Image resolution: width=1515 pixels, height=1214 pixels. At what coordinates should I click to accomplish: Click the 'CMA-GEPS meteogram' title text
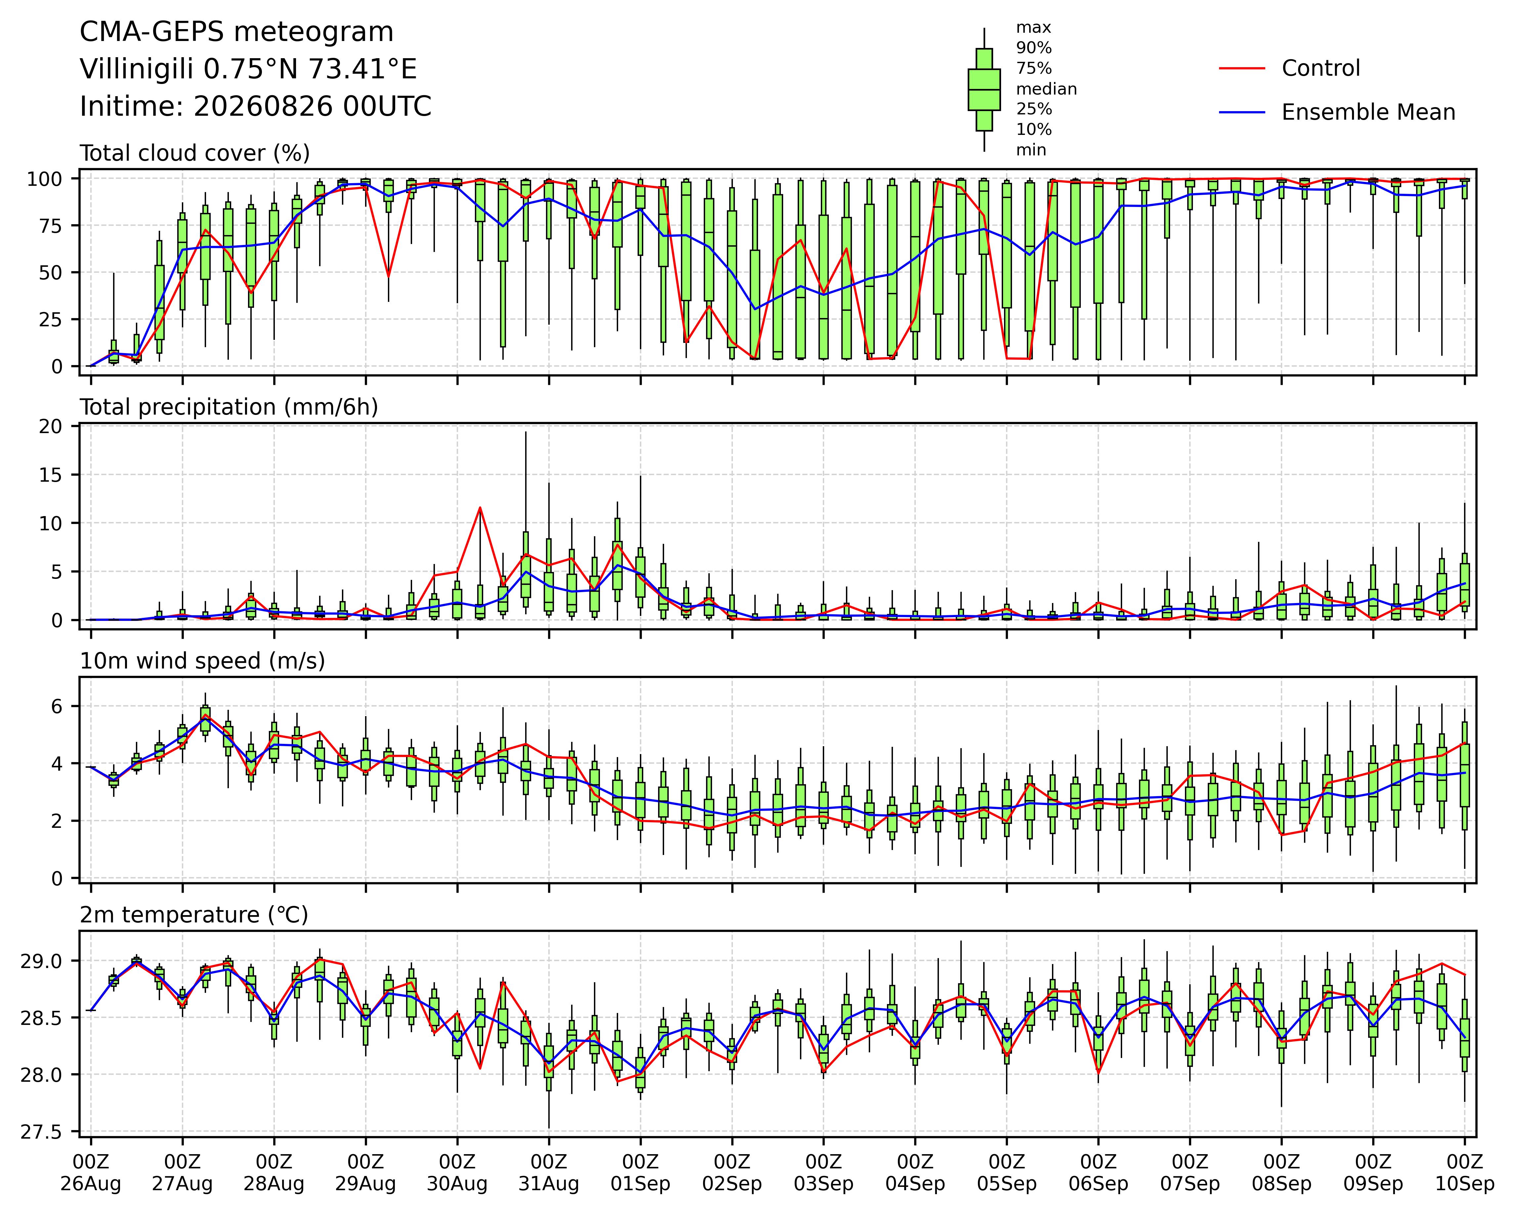[x=237, y=32]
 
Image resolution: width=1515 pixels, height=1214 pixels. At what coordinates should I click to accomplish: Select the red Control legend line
[x=1242, y=68]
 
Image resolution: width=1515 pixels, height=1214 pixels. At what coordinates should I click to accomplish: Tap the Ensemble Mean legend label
[x=1368, y=112]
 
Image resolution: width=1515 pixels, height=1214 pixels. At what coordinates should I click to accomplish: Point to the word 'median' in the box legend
[x=1046, y=89]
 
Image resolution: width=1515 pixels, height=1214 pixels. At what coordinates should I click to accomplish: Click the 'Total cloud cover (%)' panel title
[x=195, y=153]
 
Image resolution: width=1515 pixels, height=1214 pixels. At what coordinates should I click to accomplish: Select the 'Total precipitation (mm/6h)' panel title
[x=229, y=407]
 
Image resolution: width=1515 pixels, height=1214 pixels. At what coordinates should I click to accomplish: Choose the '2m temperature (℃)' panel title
[x=194, y=915]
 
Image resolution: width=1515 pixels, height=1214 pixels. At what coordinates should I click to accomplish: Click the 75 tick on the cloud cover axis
[x=52, y=225]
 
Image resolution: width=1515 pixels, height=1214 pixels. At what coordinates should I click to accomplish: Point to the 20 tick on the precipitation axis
[x=52, y=426]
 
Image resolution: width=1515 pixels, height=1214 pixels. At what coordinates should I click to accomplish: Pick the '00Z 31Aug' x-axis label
[x=549, y=1173]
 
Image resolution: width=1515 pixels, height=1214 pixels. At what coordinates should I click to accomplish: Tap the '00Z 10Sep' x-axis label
[x=1464, y=1173]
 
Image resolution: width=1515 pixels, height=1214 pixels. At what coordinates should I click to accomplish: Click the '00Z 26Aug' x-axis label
[x=91, y=1173]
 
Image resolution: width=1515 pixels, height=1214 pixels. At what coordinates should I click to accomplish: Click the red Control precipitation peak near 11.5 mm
[x=480, y=507]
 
